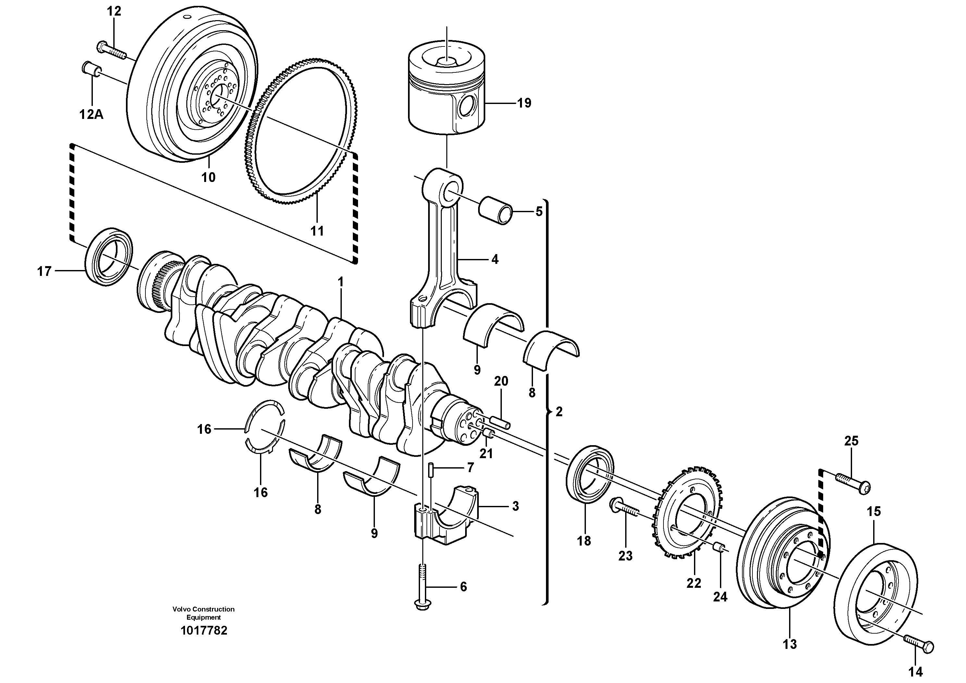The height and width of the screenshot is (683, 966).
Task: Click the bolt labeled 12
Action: click(111, 51)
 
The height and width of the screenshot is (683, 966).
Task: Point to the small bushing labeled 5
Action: click(496, 209)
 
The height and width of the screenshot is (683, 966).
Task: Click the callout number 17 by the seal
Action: click(44, 271)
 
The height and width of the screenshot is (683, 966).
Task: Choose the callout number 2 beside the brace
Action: click(559, 411)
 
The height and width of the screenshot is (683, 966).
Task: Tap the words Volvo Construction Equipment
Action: click(204, 613)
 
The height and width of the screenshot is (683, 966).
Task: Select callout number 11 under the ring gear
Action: click(317, 231)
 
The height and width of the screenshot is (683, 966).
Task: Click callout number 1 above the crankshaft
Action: click(341, 282)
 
